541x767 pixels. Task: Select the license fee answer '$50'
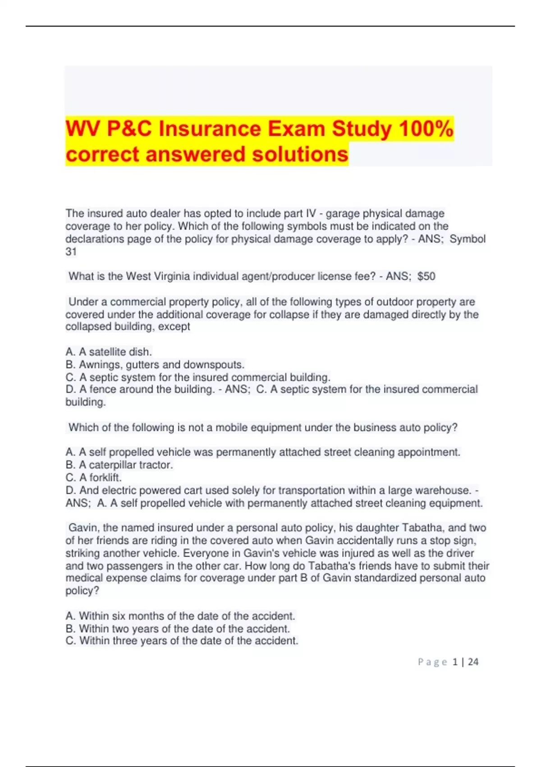click(426, 276)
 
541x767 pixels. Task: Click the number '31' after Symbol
click(71, 252)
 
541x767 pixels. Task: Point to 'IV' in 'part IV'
click(311, 213)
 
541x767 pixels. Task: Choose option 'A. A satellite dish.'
click(109, 351)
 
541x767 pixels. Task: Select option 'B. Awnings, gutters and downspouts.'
click(155, 364)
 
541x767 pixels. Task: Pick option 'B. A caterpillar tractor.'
click(119, 465)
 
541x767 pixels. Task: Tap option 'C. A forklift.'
click(93, 477)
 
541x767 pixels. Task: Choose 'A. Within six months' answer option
click(180, 616)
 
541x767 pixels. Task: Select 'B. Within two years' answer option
click(178, 628)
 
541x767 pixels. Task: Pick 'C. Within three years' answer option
click(182, 641)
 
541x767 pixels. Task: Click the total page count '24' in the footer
click(473, 662)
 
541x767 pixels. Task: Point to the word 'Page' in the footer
click(432, 662)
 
